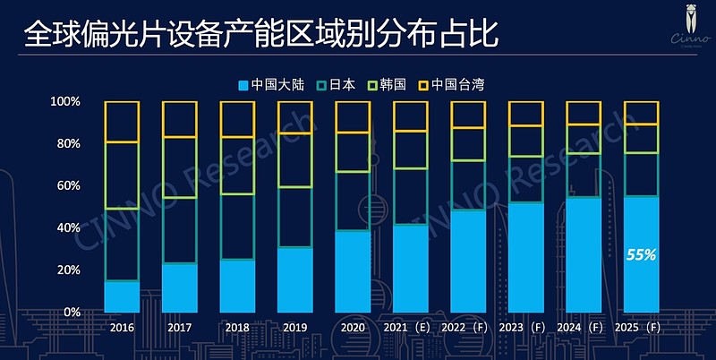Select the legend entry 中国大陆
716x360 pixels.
[x=272, y=85]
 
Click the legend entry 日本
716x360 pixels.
[x=336, y=85]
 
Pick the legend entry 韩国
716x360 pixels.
[x=387, y=85]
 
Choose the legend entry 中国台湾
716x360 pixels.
[x=450, y=85]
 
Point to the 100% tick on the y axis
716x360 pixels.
[x=66, y=102]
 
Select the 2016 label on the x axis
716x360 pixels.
[x=122, y=328]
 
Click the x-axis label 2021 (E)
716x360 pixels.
[x=409, y=328]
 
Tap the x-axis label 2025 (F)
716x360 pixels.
[x=640, y=328]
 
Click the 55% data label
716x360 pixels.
[x=642, y=255]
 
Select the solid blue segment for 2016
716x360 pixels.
[x=122, y=296]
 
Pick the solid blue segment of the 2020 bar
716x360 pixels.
[x=353, y=271]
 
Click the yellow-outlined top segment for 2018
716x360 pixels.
[x=237, y=119]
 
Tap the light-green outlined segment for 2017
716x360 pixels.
[x=179, y=167]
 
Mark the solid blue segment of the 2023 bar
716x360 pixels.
[x=525, y=257]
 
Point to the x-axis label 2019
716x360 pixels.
[x=294, y=328]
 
